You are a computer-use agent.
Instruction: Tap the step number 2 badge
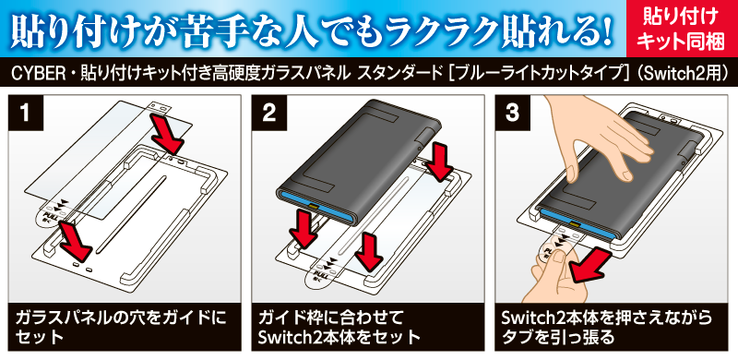click(x=269, y=114)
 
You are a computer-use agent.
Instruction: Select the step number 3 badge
click(x=513, y=114)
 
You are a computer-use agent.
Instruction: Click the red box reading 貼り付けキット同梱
click(x=680, y=30)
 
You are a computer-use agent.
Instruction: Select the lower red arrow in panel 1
click(x=76, y=239)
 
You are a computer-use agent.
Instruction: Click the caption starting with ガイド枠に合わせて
click(x=339, y=327)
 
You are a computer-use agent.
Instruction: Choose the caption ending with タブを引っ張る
click(x=607, y=327)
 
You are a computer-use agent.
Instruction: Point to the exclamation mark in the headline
click(x=608, y=30)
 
